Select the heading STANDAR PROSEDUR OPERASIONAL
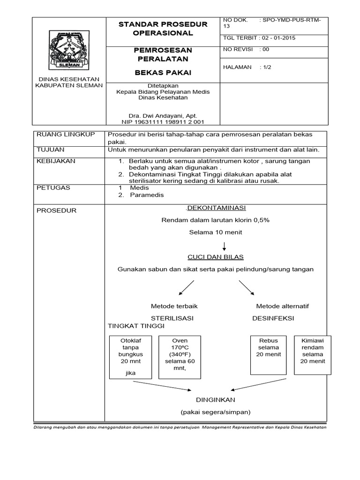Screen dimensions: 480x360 click(x=163, y=29)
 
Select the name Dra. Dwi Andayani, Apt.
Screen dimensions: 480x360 click(x=163, y=115)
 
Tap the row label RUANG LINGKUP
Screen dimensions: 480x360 click(x=60, y=135)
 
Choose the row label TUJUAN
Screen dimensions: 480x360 click(x=50, y=150)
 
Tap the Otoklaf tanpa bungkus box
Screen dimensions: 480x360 click(x=131, y=357)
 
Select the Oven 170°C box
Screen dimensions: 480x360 click(x=180, y=357)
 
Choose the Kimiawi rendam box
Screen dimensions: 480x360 click(x=312, y=355)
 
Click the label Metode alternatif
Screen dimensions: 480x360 click(x=282, y=306)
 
